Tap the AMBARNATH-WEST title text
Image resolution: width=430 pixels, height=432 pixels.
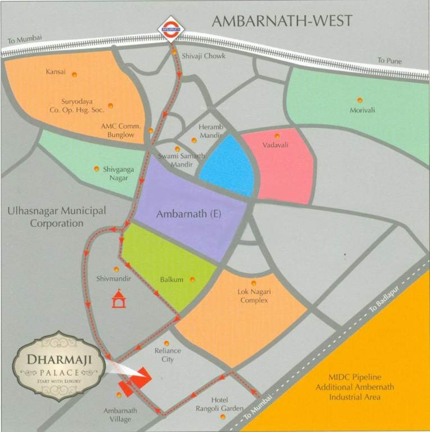[x=282, y=21]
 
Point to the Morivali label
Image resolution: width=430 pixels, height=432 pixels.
[x=362, y=110]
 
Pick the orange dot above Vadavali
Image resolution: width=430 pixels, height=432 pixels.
[x=277, y=136]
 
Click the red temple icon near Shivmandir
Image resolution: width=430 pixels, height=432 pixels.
[x=119, y=299]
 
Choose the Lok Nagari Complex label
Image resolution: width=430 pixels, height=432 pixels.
[x=253, y=296]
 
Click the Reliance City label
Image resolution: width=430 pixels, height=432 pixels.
[x=168, y=355]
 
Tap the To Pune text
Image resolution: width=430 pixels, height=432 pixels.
[x=390, y=61]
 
